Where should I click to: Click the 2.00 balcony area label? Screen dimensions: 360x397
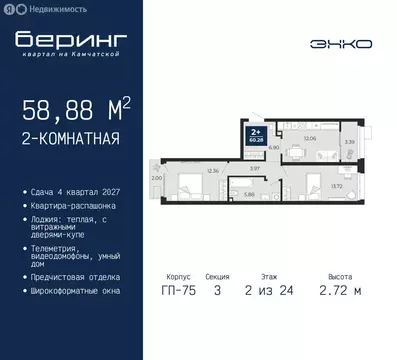click(x=156, y=178)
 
